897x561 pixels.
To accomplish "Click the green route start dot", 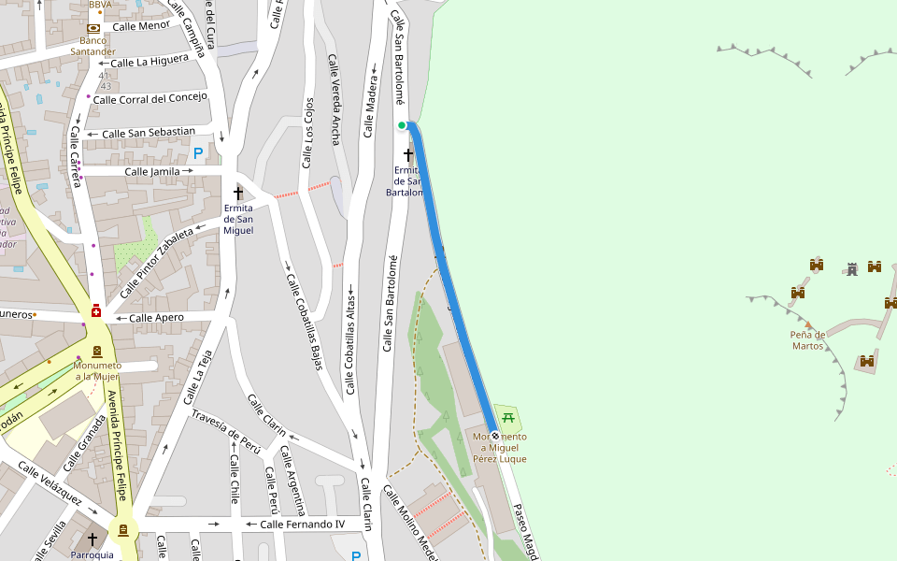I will coord(402,125).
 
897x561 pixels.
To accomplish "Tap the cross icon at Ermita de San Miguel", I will coord(238,193).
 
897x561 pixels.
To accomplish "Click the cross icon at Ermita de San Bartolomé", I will coord(408,153).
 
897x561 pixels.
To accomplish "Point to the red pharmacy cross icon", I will coord(96,310).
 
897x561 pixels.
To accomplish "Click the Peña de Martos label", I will coord(807,339).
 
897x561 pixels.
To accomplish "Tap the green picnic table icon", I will coord(507,416).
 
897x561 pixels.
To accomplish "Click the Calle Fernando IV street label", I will coord(302,525).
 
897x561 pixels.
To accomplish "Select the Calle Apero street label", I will coord(156,318).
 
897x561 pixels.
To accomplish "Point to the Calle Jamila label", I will coord(152,171).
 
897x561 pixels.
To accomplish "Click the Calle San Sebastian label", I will coord(149,133).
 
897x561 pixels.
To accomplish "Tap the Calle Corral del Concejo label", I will coord(149,98).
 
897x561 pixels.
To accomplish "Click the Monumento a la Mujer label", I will coord(98,370).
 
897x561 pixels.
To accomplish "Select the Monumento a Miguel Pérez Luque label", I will coord(500,448).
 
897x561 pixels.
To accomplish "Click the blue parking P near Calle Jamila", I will coord(197,151).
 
